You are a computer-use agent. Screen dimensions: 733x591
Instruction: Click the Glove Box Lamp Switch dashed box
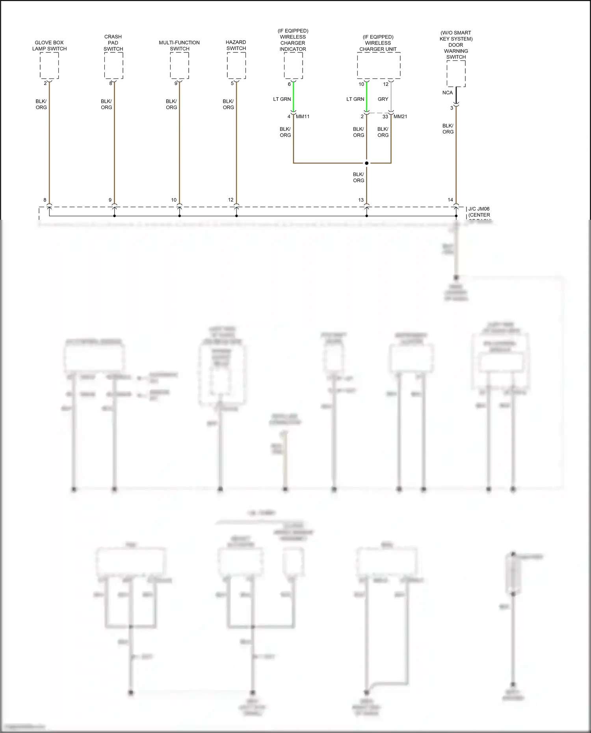pyautogui.click(x=49, y=65)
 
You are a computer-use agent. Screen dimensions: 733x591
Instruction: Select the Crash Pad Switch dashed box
pyautogui.click(x=113, y=65)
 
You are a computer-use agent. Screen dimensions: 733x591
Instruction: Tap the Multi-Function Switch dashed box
pyautogui.click(x=179, y=65)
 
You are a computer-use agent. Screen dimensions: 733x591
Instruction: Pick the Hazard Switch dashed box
pyautogui.click(x=236, y=65)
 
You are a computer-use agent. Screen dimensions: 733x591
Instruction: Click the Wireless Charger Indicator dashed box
pyautogui.click(x=294, y=65)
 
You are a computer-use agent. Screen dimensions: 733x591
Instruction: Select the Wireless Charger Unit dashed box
pyautogui.click(x=379, y=65)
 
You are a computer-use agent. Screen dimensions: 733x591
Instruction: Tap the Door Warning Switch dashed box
pyautogui.click(x=456, y=74)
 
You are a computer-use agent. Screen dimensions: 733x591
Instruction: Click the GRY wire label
pyautogui.click(x=383, y=99)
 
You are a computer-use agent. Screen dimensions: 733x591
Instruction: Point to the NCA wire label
pyautogui.click(x=448, y=93)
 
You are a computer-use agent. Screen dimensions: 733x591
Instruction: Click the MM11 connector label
pyautogui.click(x=303, y=117)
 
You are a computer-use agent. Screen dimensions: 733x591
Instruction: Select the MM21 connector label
pyautogui.click(x=400, y=117)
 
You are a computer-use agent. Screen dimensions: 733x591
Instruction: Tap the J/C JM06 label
pyautogui.click(x=479, y=209)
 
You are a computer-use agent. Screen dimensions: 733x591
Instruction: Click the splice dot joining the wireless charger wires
pyautogui.click(x=367, y=163)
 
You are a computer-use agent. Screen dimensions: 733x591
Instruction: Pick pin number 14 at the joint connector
pyautogui.click(x=450, y=200)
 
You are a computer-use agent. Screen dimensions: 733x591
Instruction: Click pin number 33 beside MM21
pyautogui.click(x=385, y=117)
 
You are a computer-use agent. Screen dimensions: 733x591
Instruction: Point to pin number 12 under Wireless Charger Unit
pyautogui.click(x=386, y=84)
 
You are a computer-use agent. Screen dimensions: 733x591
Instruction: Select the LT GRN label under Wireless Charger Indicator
pyautogui.click(x=282, y=99)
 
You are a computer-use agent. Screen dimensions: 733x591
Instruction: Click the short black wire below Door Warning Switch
pyautogui.click(x=456, y=95)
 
